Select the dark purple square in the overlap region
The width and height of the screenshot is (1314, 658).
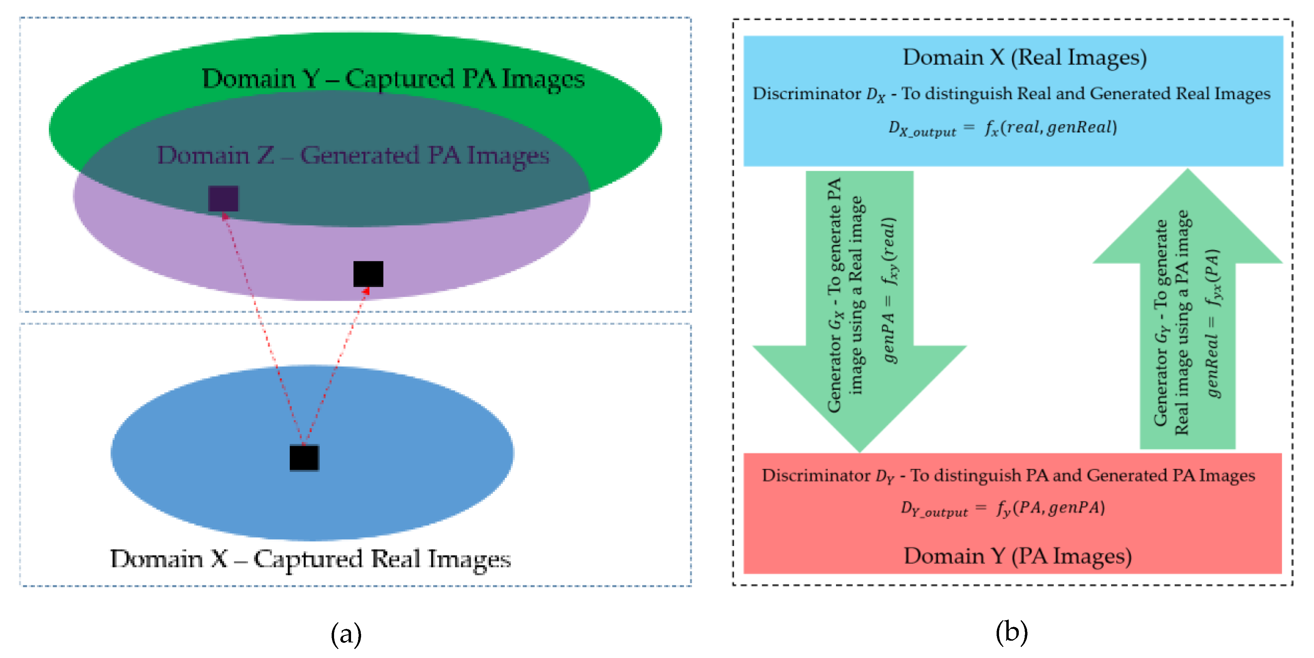pyautogui.click(x=223, y=198)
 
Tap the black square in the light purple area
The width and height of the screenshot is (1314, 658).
pyautogui.click(x=368, y=274)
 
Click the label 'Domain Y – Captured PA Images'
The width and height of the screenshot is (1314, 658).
pyautogui.click(x=393, y=79)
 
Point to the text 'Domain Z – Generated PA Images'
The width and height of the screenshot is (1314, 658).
pyautogui.click(x=353, y=156)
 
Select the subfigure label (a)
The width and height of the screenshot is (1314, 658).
pyautogui.click(x=346, y=634)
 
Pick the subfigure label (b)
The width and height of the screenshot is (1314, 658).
pyautogui.click(x=1012, y=632)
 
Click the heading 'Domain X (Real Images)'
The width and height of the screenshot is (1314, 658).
pyautogui.click(x=1025, y=58)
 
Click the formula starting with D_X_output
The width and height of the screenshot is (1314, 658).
pyautogui.click(x=1003, y=128)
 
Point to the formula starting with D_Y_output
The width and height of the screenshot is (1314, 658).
pyautogui.click(x=1003, y=508)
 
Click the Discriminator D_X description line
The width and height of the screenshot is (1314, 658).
pyautogui.click(x=1012, y=94)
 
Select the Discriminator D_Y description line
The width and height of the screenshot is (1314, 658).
pyautogui.click(x=1008, y=476)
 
